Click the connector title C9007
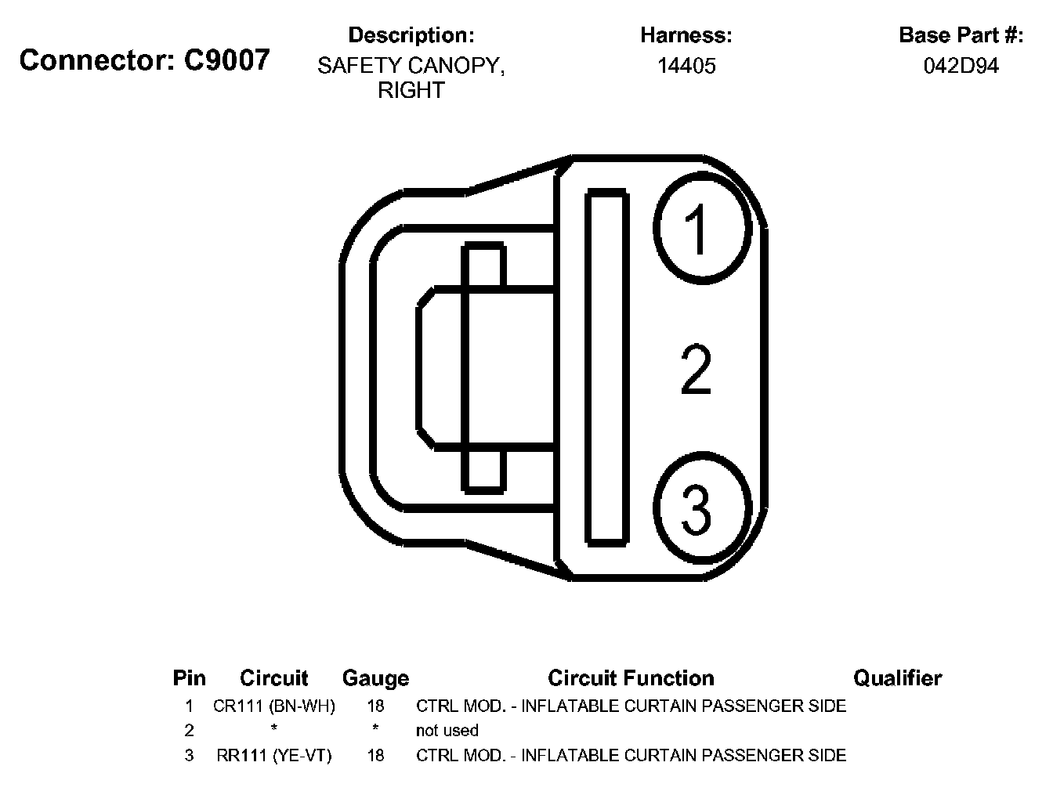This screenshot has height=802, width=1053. point(145,60)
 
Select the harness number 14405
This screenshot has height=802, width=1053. point(686,66)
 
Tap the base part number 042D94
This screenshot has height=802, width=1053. point(961,66)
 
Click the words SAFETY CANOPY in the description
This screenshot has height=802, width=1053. point(411,66)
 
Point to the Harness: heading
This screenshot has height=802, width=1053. point(686,35)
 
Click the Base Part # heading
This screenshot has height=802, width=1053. point(961,35)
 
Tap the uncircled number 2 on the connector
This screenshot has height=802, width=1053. point(696,370)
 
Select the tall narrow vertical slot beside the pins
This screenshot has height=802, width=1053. point(606,367)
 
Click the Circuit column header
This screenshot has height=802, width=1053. point(274,678)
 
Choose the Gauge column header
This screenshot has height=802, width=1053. point(375,678)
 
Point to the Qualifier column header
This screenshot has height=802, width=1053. point(897,678)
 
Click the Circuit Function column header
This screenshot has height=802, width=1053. point(631,678)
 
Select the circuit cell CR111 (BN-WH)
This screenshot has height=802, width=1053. point(274,706)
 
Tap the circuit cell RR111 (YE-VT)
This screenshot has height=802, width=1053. point(274,756)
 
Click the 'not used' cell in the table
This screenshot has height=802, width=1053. point(447,731)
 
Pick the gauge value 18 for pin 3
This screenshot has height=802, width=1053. point(375,756)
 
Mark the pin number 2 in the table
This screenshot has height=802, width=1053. point(189,731)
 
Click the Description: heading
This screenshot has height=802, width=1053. point(411,35)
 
